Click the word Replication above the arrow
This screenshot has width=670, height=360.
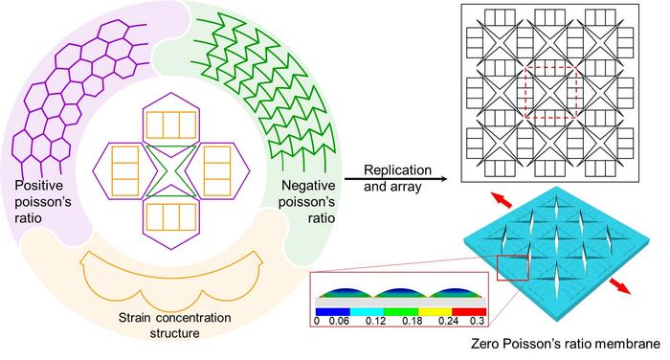tap(397, 170)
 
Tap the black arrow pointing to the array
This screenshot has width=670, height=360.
tap(395, 180)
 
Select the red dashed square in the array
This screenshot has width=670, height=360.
tap(550, 92)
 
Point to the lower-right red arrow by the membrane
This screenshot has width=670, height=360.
tap(619, 285)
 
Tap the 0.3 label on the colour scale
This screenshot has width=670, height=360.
tap(478, 321)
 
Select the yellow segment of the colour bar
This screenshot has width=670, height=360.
tap(435, 312)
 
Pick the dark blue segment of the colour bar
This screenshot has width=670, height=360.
tap(332, 312)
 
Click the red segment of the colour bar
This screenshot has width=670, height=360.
tap(469, 312)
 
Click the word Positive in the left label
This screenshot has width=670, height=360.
tap(39, 186)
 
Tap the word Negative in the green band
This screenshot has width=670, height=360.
tap(308, 186)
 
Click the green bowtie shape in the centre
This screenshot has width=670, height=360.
tap(171, 171)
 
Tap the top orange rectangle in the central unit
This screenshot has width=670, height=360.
tap(171, 125)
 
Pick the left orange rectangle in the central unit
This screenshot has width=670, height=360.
tap(125, 171)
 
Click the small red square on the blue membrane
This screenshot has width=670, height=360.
tap(513, 268)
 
